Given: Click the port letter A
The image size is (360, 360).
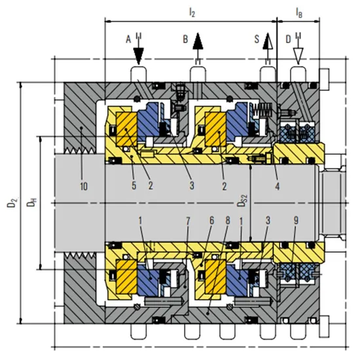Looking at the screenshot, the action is (128, 39).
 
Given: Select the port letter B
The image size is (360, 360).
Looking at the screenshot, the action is (185, 39).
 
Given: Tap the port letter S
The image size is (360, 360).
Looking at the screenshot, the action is (257, 39).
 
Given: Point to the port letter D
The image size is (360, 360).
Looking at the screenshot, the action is (288, 39).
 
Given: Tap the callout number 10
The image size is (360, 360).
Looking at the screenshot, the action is (84, 186).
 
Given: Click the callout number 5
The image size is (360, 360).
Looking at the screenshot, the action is (134, 185).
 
